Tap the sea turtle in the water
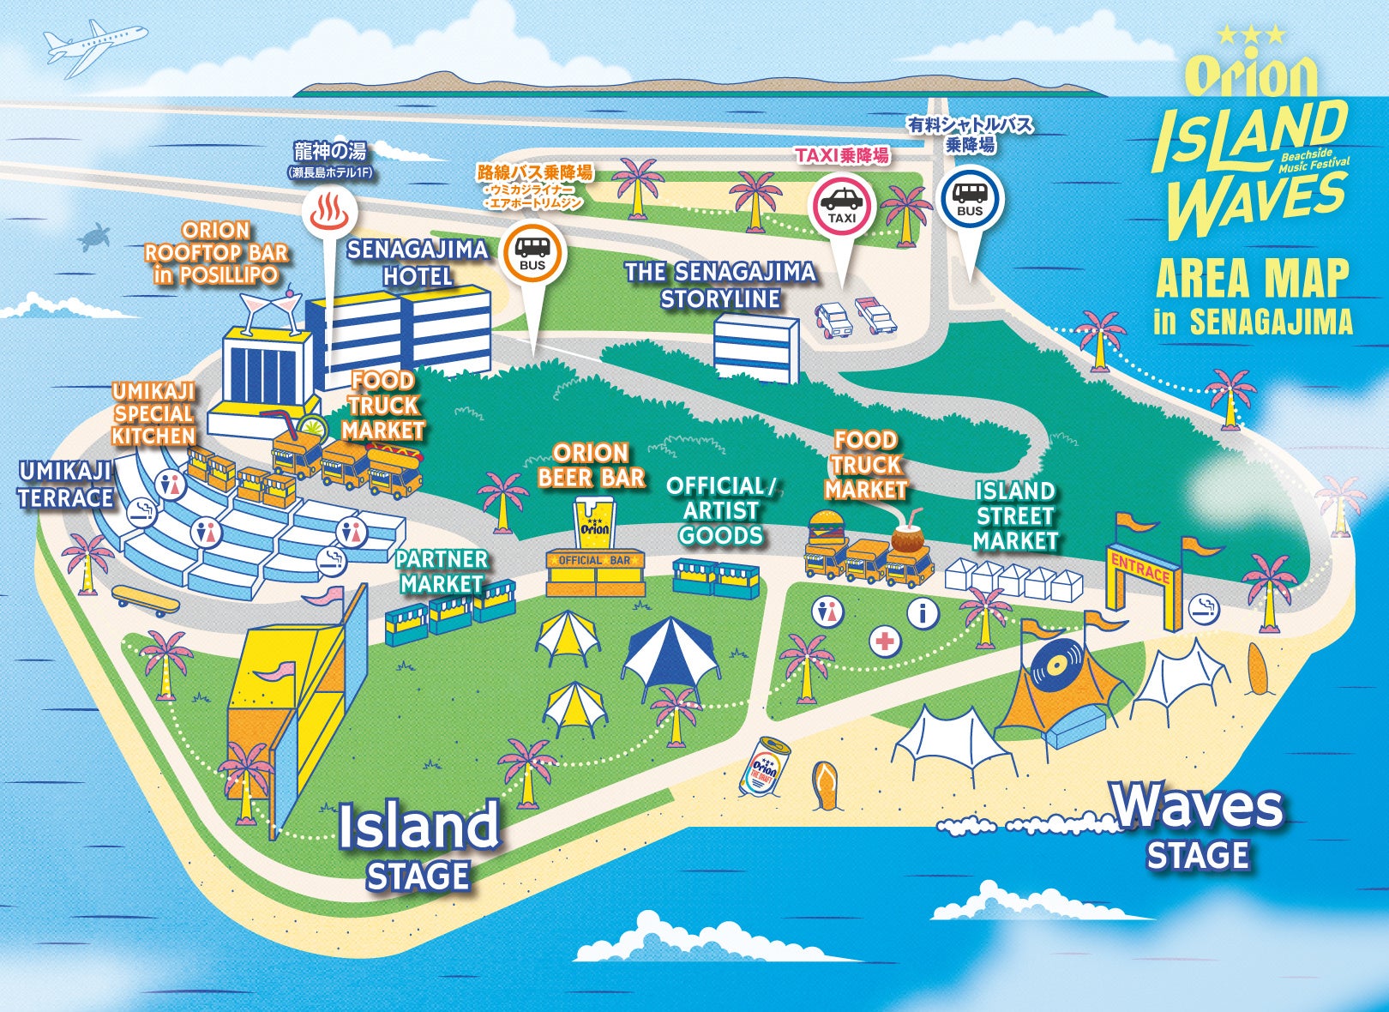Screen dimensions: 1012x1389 pos(96,237)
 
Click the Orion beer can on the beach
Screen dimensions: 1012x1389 pos(764,766)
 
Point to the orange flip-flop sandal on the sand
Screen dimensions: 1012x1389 pos(825,786)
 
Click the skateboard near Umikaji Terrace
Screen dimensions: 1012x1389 pos(146,599)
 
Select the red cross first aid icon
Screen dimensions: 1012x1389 pos(884,641)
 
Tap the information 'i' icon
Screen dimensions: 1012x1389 pos(923,612)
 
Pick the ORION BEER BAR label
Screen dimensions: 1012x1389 pos(591,466)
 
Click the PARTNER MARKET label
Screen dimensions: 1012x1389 pos(442,571)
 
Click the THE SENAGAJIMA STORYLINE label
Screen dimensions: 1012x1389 pos(720,286)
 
